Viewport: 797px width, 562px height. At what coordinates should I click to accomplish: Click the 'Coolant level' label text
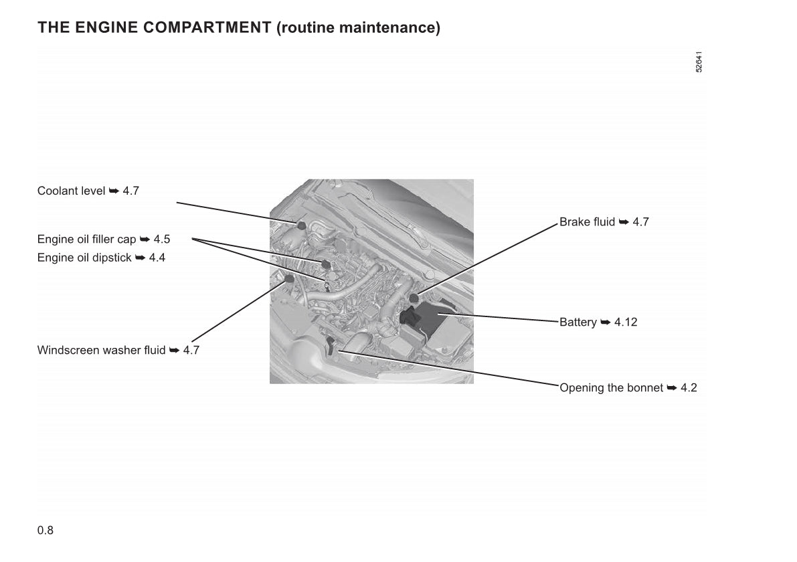[71, 191]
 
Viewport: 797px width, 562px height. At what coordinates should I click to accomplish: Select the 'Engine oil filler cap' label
[86, 240]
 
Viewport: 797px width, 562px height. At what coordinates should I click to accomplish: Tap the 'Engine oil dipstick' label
[84, 258]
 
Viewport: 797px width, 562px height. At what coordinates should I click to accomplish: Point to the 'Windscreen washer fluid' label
[101, 350]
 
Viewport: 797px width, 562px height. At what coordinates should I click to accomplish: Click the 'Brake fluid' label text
[587, 222]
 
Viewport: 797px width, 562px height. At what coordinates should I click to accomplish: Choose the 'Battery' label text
[578, 322]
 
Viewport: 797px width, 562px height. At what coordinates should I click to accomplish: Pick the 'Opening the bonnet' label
[612, 387]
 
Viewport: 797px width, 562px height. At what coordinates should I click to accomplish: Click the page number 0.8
[46, 531]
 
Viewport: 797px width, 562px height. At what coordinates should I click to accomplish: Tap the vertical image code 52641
[699, 62]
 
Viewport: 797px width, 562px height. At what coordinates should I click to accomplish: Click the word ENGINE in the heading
[106, 27]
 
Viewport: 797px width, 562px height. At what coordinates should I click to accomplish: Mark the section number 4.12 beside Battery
[626, 322]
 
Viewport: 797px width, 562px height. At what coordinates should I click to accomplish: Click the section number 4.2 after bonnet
[689, 387]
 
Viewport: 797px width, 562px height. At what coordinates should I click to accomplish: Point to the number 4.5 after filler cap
[162, 240]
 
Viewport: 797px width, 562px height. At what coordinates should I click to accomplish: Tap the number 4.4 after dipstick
[157, 258]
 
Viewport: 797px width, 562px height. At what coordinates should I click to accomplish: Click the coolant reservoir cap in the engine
[301, 225]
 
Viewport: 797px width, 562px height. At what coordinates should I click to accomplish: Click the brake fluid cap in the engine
[414, 298]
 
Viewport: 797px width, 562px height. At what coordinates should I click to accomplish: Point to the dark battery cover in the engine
[410, 316]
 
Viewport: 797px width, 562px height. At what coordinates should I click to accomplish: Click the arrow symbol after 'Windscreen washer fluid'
[175, 350]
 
